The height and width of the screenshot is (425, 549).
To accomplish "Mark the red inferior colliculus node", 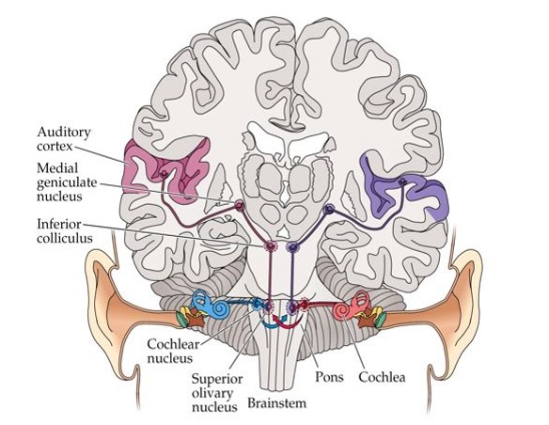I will [x=271, y=247].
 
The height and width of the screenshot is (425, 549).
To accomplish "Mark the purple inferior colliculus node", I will [x=292, y=247].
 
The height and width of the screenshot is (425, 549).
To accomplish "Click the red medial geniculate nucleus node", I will [x=240, y=206].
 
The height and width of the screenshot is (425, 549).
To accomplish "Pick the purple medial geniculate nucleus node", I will [x=328, y=209].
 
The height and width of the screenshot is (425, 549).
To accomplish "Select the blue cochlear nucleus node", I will [x=256, y=305].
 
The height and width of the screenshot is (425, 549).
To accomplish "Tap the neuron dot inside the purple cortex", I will [x=402, y=181].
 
